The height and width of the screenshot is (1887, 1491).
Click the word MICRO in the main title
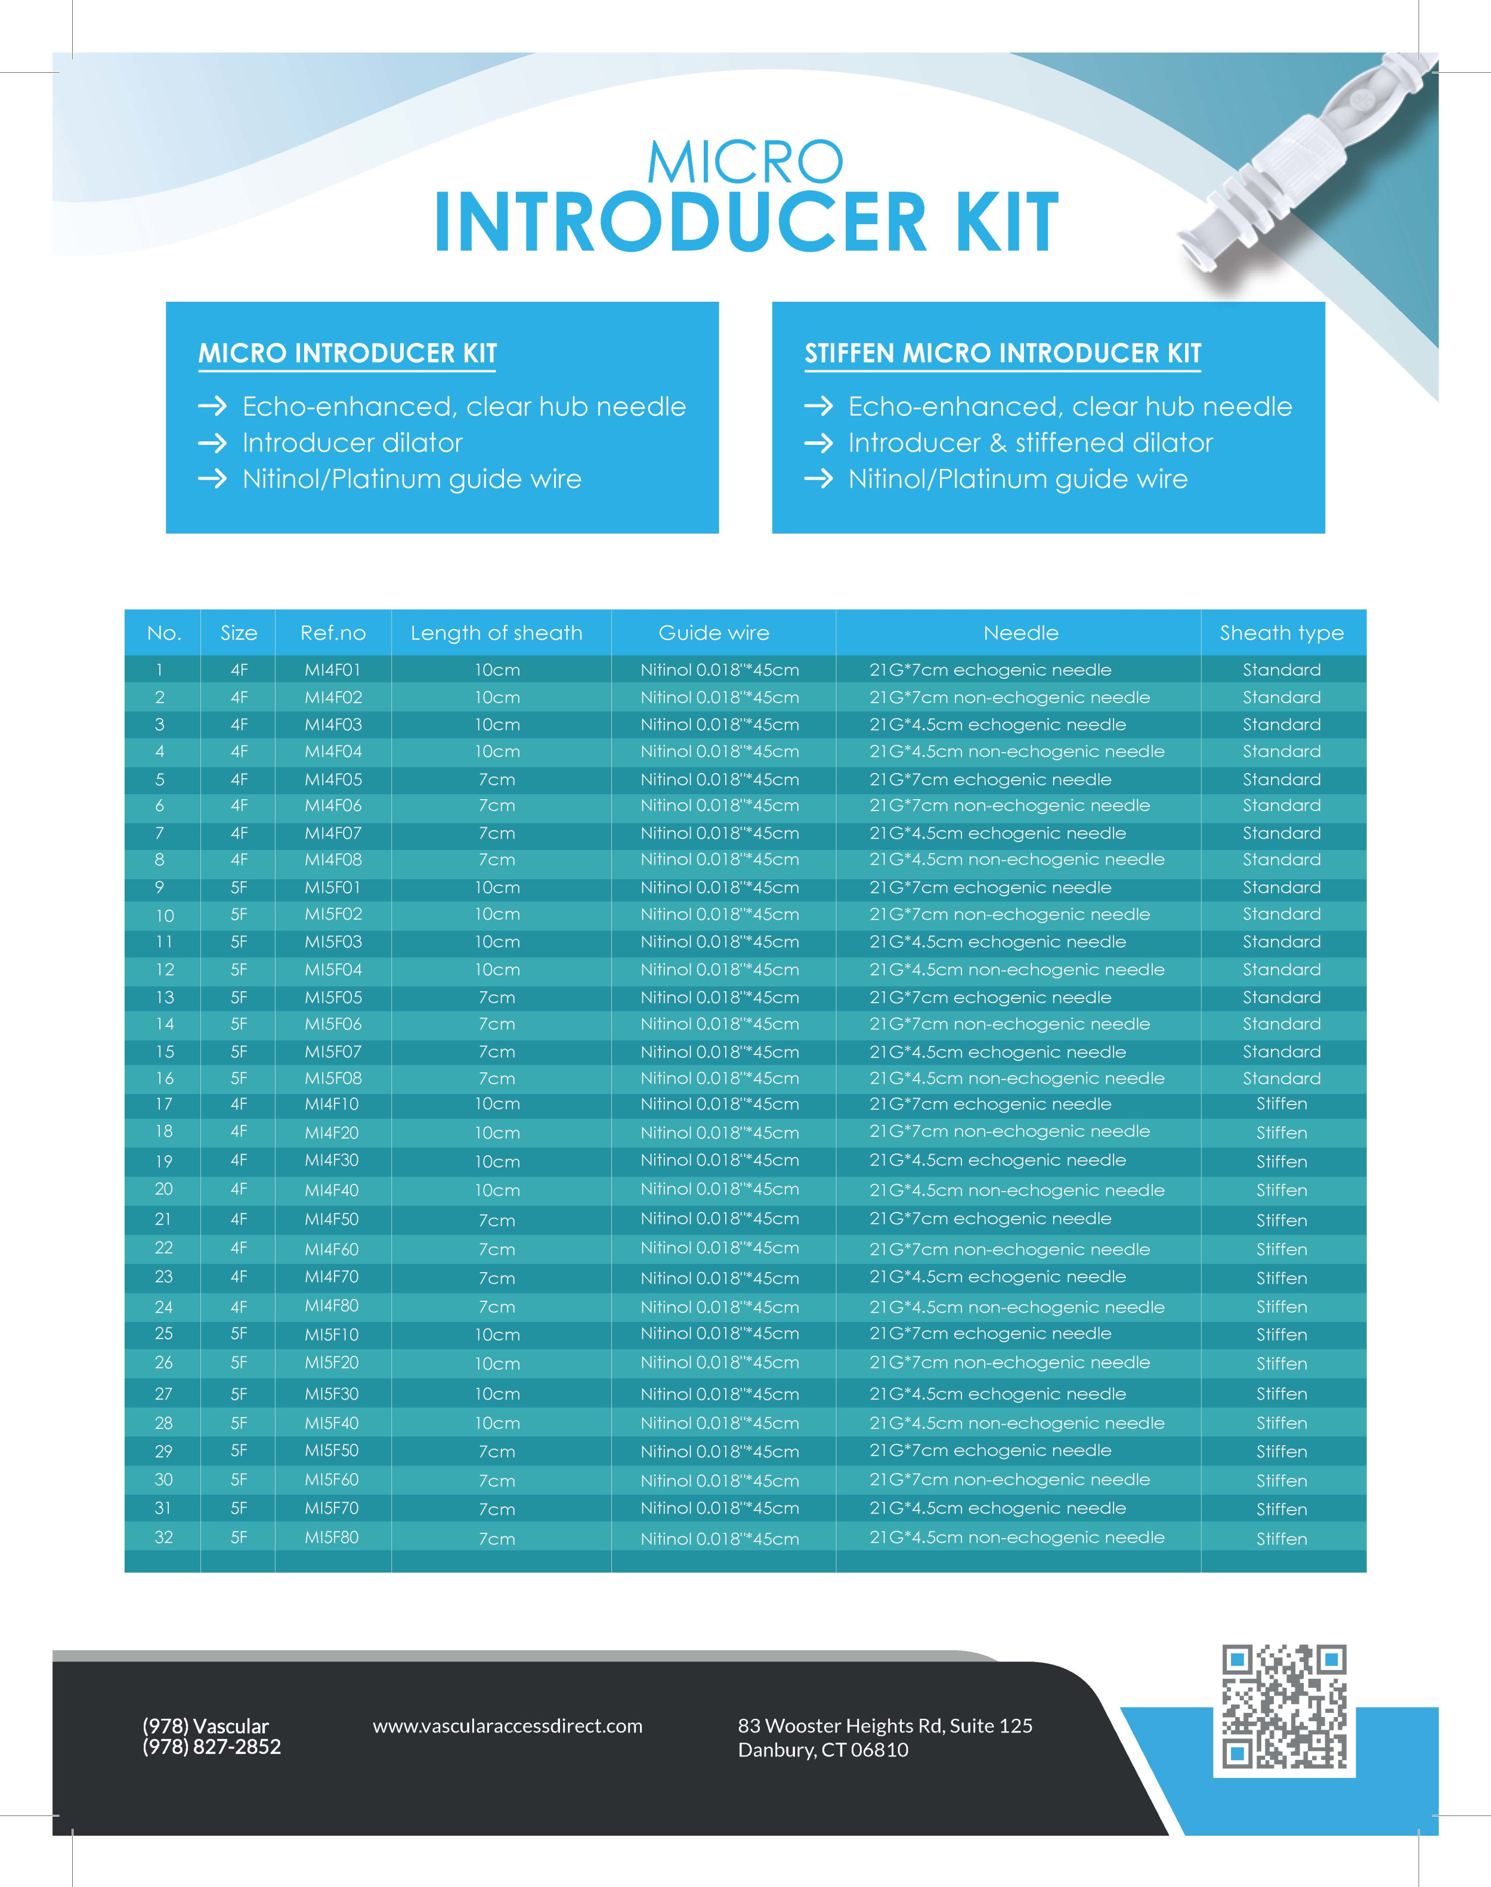(745, 162)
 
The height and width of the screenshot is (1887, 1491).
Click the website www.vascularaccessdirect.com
(507, 1725)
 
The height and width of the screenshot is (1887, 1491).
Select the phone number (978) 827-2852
(211, 1746)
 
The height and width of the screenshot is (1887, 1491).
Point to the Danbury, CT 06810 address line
(822, 1750)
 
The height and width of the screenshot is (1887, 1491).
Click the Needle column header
(1020, 633)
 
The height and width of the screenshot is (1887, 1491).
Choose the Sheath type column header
(1282, 633)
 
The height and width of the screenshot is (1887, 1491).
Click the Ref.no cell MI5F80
(332, 1537)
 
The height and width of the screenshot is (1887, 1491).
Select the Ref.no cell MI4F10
(332, 1104)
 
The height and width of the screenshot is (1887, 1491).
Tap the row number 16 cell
(164, 1078)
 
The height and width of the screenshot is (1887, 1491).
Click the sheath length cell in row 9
(497, 887)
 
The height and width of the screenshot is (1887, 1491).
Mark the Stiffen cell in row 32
(1282, 1539)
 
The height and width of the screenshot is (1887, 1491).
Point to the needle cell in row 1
(990, 669)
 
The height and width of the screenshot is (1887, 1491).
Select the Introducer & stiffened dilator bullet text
(1030, 443)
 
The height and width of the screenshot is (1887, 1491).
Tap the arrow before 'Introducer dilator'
(212, 443)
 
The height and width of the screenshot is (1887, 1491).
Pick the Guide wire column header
(713, 633)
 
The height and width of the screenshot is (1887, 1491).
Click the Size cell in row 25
(239, 1334)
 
